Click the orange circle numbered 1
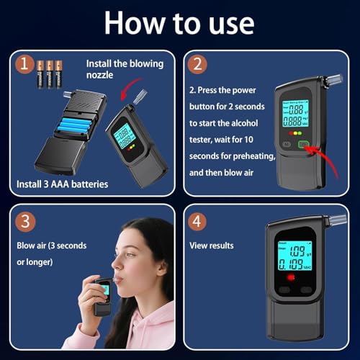tap(24, 64)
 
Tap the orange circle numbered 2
tap(197, 64)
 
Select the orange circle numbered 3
tap(25, 222)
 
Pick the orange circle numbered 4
tap(197, 222)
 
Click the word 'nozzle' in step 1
tap(99, 75)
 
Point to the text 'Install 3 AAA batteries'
tap(63, 184)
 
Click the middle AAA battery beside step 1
tap(50, 74)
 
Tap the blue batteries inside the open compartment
tap(74, 125)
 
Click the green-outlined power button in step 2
tap(303, 145)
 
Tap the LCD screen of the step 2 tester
tap(295, 114)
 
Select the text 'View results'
tap(212, 246)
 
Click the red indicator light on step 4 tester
tap(291, 277)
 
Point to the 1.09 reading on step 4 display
tap(297, 251)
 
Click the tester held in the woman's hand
tap(103, 297)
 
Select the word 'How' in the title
tap(135, 24)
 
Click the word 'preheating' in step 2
tap(254, 156)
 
